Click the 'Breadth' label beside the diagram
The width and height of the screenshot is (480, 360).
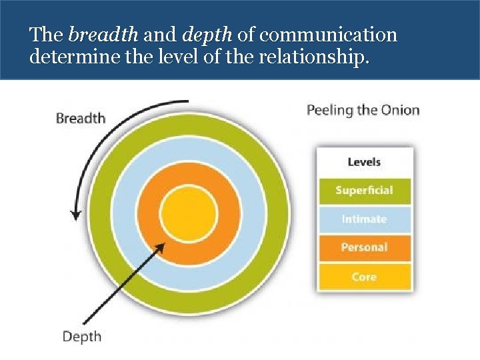point(81,118)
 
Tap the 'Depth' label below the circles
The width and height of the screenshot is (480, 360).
point(81,336)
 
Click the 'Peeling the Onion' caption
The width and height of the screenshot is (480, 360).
point(363,110)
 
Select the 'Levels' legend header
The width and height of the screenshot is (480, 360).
point(364,162)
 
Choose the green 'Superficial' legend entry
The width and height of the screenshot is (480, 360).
point(364,191)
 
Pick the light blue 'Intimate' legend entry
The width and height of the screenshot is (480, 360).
point(364,219)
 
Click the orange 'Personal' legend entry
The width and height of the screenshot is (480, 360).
point(364,247)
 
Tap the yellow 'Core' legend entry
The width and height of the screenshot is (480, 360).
point(364,277)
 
